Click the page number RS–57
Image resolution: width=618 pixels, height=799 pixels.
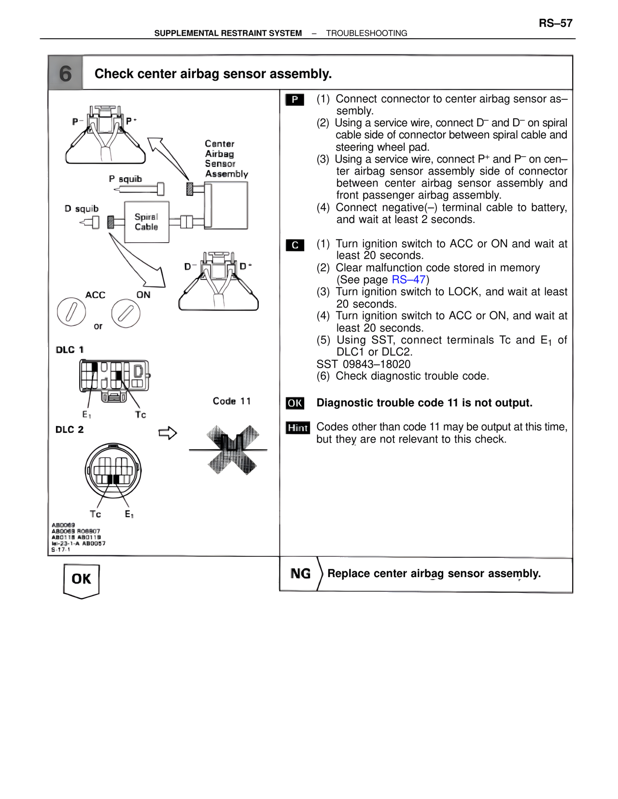pos(555,23)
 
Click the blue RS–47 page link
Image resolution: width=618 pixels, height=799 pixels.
pos(408,280)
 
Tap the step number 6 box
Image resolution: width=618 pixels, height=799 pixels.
pos(66,73)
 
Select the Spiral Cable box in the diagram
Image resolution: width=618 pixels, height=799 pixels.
pos(146,222)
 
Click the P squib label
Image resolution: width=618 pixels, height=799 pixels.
pos(125,179)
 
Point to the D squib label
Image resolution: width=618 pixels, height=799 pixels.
pos(82,208)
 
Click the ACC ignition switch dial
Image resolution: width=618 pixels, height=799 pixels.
pos(71,312)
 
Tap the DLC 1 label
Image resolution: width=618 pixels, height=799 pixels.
pos(70,350)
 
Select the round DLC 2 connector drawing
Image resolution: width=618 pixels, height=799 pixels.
pos(113,470)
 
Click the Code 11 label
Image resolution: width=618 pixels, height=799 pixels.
pos(232,401)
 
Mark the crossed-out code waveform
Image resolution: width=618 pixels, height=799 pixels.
pos(230,450)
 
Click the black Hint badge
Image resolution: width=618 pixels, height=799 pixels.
pos(297,427)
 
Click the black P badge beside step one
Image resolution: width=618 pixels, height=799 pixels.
pos(295,100)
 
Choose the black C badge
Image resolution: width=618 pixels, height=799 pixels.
pos(295,245)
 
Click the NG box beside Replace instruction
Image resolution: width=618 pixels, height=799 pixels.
pos(300,574)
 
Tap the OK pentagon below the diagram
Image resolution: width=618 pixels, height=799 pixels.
pos(81,580)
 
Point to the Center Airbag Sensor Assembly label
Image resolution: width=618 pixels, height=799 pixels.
pos(226,159)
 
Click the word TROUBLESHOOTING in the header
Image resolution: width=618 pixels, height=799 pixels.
pos(366,33)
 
